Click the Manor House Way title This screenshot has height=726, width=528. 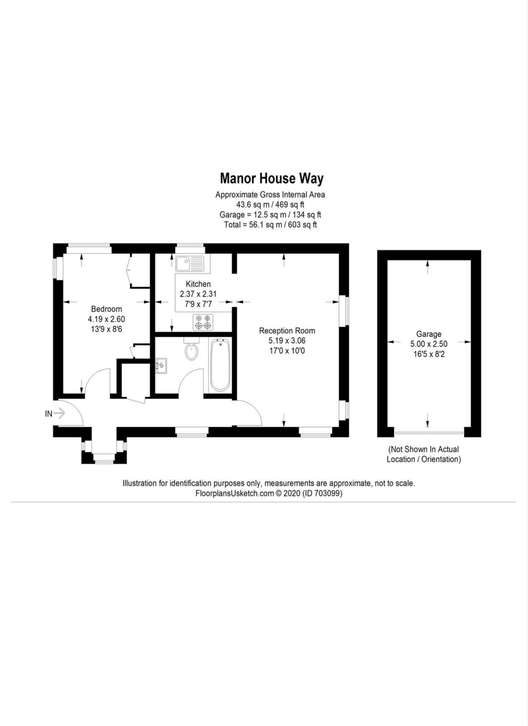coord(271,179)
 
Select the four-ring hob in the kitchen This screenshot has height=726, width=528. coord(203,322)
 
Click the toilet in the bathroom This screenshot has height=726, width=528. coord(192,349)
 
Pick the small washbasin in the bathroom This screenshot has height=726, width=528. coord(161,366)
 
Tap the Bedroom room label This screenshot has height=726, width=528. coord(106,309)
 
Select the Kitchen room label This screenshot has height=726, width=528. coord(198,284)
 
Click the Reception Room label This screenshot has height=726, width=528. coord(287,331)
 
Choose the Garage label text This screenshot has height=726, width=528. coord(429,334)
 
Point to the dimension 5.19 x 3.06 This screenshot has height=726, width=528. coord(287,341)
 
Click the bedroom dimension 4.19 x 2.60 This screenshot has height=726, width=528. coord(106,319)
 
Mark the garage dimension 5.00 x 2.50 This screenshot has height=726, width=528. coord(429,344)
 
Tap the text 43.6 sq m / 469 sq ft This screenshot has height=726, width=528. coord(270,205)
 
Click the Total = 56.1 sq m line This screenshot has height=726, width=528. coord(270,225)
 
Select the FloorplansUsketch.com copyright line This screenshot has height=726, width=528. coord(269,493)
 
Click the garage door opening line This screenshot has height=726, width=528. coord(429,433)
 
